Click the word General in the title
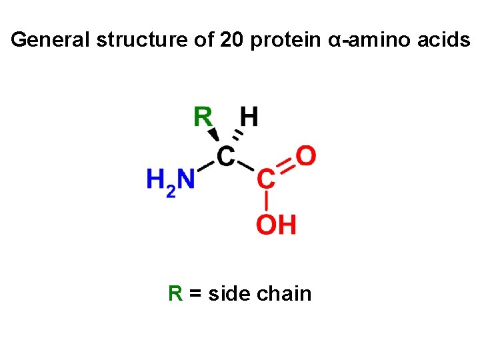coord(51,41)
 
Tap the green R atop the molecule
coord(203,117)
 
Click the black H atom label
coord(249,117)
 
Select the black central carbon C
coord(226,157)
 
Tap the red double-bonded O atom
coord(305,157)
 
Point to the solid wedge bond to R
coord(213,136)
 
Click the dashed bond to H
coord(238,137)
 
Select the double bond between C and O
coord(285,167)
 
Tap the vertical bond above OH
coord(266,201)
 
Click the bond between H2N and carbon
coord(205,168)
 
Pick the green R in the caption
coord(175,293)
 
